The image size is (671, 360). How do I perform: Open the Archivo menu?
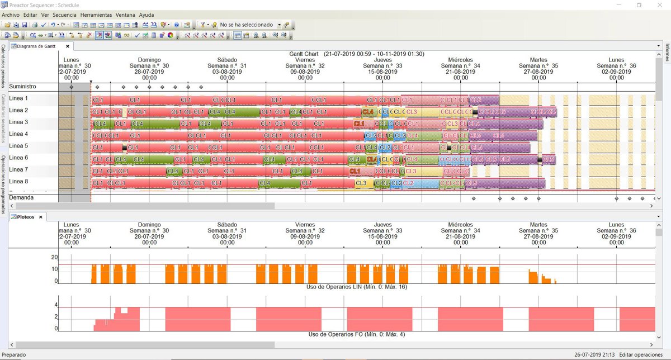[11, 15]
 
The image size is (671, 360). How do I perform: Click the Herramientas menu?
[96, 15]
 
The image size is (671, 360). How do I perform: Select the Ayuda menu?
[147, 15]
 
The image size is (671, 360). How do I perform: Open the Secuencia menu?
[64, 15]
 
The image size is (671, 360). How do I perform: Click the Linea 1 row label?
[18, 98]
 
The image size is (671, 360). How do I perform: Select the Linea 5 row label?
[18, 146]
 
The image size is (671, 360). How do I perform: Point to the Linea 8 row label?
[18, 181]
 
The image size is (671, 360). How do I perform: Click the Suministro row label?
[22, 87]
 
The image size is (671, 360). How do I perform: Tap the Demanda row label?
[21, 197]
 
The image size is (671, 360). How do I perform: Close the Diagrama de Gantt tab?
[68, 46]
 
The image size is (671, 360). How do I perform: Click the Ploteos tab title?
[26, 217]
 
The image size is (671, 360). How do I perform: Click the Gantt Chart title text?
[304, 54]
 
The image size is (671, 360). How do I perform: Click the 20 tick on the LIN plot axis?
[54, 257]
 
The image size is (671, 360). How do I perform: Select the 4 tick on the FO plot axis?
[56, 305]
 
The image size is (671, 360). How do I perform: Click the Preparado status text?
[14, 354]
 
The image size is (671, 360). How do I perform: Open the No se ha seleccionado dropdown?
[286, 25]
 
